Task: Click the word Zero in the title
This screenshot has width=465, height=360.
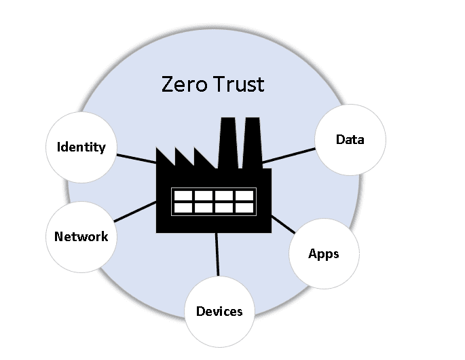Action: (183, 85)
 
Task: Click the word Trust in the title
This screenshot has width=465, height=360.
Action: (237, 85)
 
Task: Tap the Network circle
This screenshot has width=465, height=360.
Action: (81, 236)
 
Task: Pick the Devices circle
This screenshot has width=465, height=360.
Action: (219, 312)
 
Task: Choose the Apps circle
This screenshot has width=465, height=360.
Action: (324, 254)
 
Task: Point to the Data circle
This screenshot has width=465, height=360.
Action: (350, 140)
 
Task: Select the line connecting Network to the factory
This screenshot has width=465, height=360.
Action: (134, 211)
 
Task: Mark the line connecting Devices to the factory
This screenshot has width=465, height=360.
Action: (217, 254)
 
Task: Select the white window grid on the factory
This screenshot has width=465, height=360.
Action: (213, 201)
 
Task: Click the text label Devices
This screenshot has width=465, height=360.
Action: (219, 312)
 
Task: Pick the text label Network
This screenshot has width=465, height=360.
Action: (81, 237)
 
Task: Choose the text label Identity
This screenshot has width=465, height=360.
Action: (81, 147)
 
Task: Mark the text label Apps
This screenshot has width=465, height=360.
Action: (324, 254)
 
